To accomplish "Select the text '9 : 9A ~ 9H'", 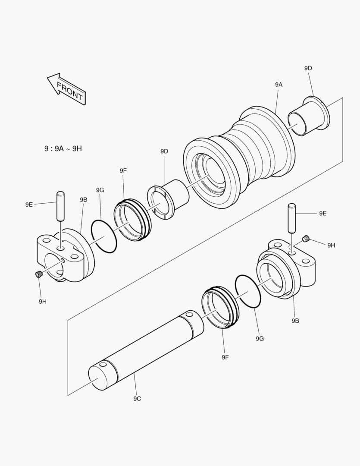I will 63,148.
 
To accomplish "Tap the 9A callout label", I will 279,85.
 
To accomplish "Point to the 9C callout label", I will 137,399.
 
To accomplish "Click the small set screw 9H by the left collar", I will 39,274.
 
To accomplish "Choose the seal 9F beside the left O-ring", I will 133,220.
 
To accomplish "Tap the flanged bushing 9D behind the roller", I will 308,116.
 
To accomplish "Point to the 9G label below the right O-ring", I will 260,339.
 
